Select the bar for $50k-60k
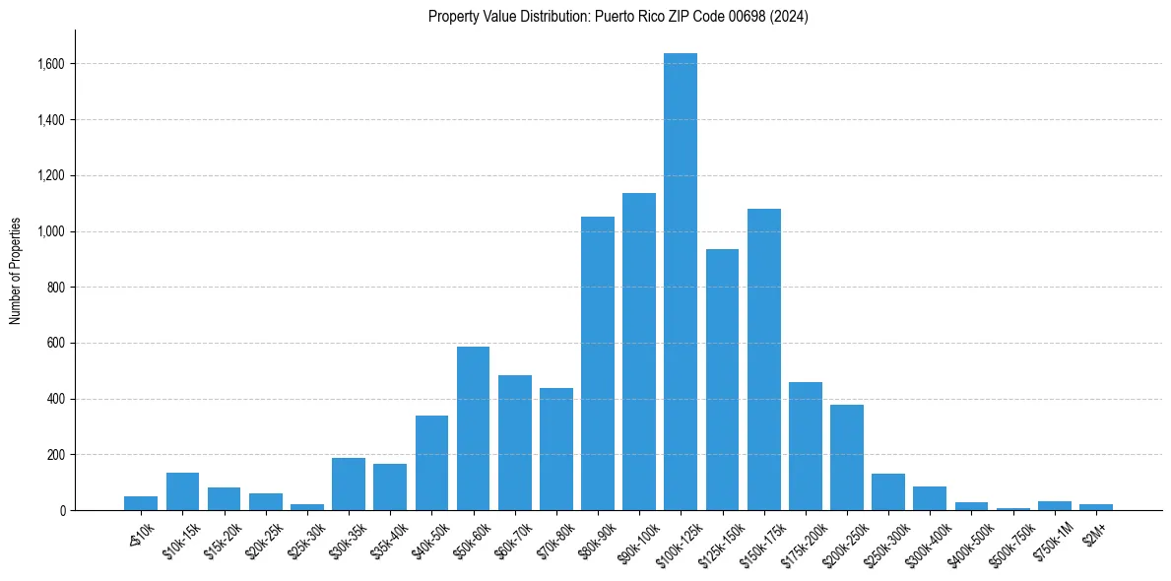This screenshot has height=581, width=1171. click(x=473, y=428)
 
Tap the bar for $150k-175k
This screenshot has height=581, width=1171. click(x=763, y=359)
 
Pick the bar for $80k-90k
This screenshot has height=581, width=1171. click(x=597, y=363)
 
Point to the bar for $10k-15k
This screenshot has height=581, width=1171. click(x=182, y=491)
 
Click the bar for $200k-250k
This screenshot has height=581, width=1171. click(x=846, y=457)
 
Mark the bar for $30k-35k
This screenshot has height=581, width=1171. click(x=349, y=484)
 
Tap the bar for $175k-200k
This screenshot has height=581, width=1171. click(x=805, y=446)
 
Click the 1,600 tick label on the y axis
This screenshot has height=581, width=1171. click(x=51, y=64)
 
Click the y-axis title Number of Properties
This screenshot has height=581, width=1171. click(x=16, y=271)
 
